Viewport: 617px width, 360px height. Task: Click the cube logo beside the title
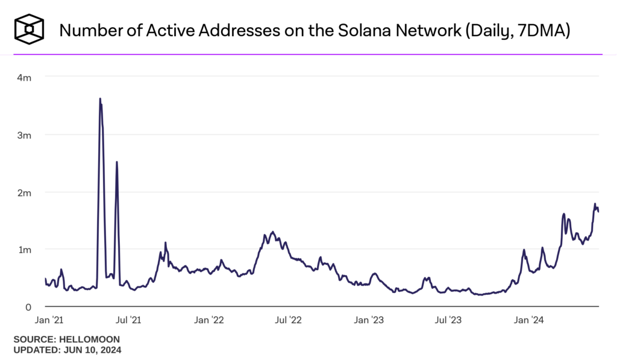(30, 29)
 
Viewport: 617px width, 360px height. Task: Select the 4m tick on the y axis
(24, 77)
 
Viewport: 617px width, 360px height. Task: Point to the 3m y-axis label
(24, 135)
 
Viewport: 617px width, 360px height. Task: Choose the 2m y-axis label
(24, 192)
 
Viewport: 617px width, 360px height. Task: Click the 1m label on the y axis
(24, 250)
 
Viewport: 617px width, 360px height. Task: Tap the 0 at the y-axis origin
(27, 307)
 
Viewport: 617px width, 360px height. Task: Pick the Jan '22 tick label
(209, 321)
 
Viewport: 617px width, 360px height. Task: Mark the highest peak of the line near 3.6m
(100, 99)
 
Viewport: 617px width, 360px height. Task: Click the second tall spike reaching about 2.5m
(116, 162)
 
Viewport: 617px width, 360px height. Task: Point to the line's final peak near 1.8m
(595, 204)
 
